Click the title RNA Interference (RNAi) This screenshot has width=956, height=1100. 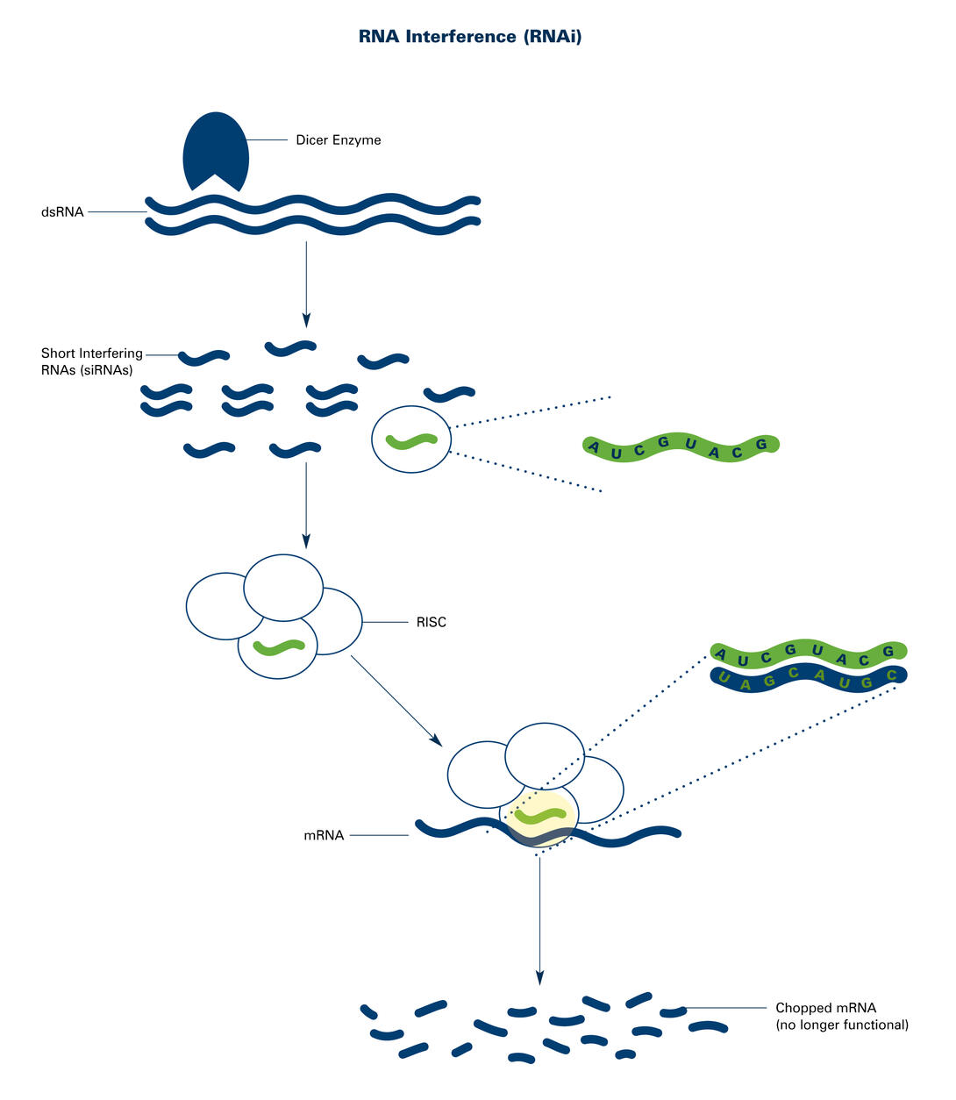click(x=470, y=37)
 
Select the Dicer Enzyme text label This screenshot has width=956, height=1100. click(x=338, y=140)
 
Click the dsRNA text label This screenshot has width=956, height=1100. click(x=62, y=211)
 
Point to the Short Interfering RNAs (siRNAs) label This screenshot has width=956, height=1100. click(x=91, y=361)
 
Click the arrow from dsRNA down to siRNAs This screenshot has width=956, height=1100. click(x=306, y=281)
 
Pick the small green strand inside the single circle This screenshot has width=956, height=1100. click(x=412, y=440)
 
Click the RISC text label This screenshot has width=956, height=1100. click(x=431, y=623)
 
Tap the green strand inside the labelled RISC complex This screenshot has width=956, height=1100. click(x=278, y=647)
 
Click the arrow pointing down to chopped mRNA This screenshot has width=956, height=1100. click(x=539, y=921)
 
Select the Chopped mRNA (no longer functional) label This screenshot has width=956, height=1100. click(x=841, y=1017)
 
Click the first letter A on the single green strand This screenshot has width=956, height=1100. click(x=595, y=450)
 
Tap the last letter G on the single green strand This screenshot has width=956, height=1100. click(x=761, y=445)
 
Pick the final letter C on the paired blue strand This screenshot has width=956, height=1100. click(x=892, y=675)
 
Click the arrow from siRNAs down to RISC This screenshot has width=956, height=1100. click(x=306, y=500)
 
